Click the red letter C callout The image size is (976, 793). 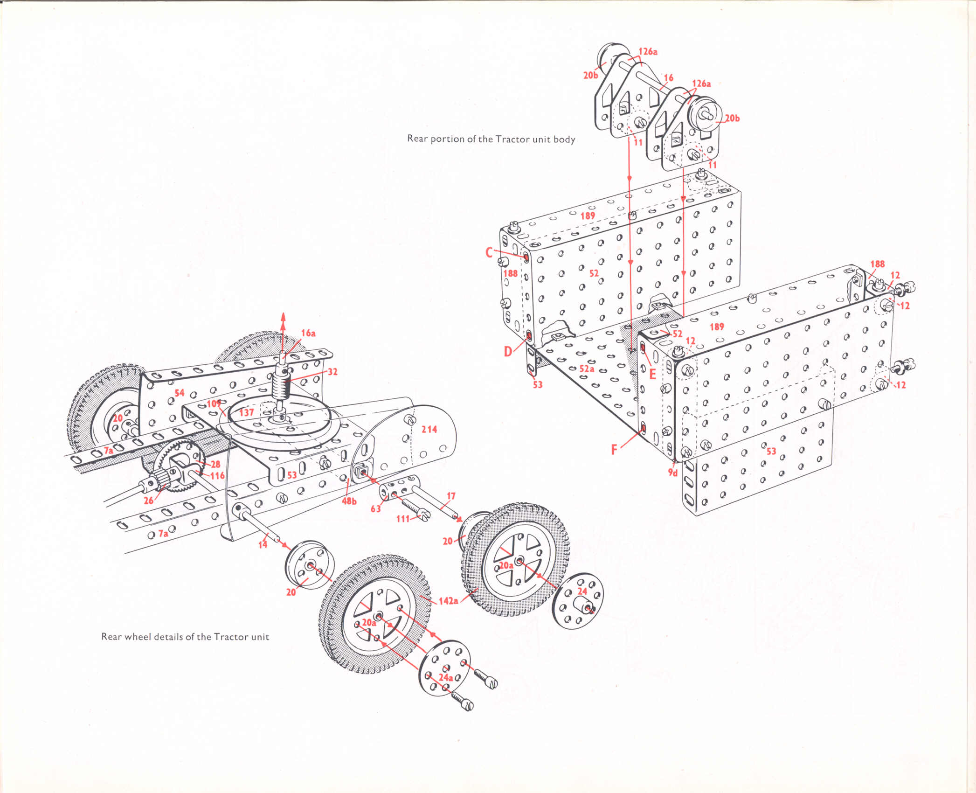489,252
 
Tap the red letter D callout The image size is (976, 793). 508,351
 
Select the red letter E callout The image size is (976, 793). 652,374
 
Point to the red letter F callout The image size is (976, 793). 614,450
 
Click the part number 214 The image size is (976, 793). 429,429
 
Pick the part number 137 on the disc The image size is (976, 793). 246,412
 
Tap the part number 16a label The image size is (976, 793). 308,333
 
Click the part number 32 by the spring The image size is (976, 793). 332,372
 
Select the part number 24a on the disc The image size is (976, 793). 445,677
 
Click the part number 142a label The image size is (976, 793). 448,601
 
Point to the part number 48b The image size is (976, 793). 349,501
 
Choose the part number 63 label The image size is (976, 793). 376,508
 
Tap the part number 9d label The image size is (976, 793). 672,473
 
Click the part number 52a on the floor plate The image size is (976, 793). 587,369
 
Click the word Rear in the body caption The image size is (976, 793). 417,139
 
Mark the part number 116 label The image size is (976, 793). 217,476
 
